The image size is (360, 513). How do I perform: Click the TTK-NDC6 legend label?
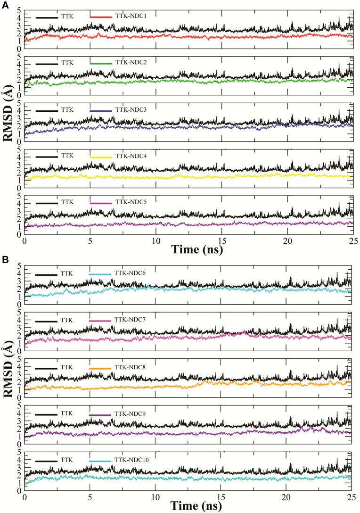coord(129,274)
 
